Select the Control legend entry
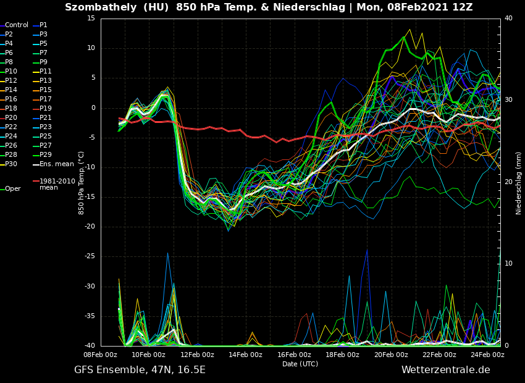17,25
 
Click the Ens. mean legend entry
56,164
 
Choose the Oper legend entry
13,189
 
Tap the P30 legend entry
11,164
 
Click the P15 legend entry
46,90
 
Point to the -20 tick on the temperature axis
90,227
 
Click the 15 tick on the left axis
91,19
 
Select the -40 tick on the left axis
90,346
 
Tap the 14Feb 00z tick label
246,355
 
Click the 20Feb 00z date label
391,355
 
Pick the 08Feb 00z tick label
101,355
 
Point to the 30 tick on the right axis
509,100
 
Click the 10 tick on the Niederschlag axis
509,264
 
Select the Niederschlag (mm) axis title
519,183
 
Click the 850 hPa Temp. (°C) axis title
82,183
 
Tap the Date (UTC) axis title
300,364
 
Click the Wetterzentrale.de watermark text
445,370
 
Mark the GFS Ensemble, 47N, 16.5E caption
140,370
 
